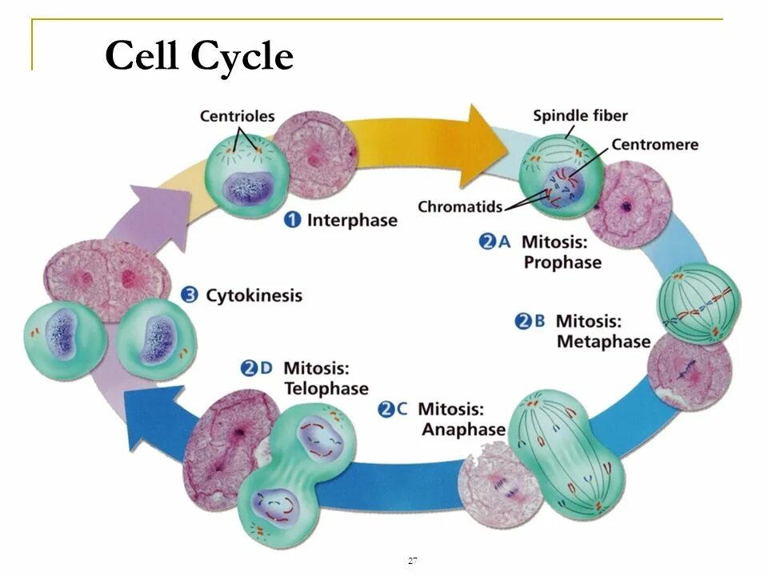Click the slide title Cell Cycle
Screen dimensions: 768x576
click(x=199, y=57)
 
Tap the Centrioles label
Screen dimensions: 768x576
click(x=237, y=117)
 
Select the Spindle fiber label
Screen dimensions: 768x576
click(x=582, y=115)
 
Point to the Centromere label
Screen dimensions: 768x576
click(x=655, y=145)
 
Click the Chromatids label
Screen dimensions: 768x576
click(x=460, y=206)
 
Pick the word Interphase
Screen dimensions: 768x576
click(x=352, y=220)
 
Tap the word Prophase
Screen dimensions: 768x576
click(x=562, y=262)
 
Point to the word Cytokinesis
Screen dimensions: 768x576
click(x=254, y=295)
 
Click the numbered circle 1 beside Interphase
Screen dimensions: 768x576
click(x=293, y=220)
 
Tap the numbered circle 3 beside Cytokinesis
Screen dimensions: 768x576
click(x=190, y=295)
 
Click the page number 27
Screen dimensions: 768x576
click(x=412, y=561)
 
